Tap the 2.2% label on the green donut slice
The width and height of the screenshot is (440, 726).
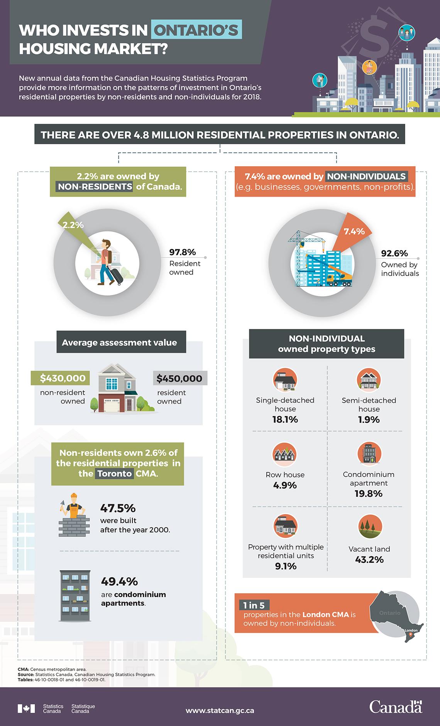tap(73, 225)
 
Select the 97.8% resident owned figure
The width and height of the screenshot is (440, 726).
tap(183, 252)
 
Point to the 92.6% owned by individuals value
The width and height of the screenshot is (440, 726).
tap(394, 254)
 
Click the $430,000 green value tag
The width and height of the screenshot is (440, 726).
tap(60, 378)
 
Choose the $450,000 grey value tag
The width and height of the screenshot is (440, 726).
tap(179, 378)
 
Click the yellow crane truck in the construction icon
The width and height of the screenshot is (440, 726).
tap(338, 279)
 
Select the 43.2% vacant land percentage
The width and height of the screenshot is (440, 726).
tap(369, 559)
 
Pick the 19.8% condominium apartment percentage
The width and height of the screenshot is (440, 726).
tap(368, 494)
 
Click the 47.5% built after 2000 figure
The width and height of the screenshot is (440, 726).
tap(118, 508)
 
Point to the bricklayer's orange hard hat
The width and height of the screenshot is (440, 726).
tap(74, 496)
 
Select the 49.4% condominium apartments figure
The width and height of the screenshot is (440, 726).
tap(119, 581)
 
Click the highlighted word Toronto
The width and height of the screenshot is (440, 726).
tap(114, 474)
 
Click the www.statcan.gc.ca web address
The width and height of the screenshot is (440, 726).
tap(220, 710)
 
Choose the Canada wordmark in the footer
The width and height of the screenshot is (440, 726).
tap(396, 707)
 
